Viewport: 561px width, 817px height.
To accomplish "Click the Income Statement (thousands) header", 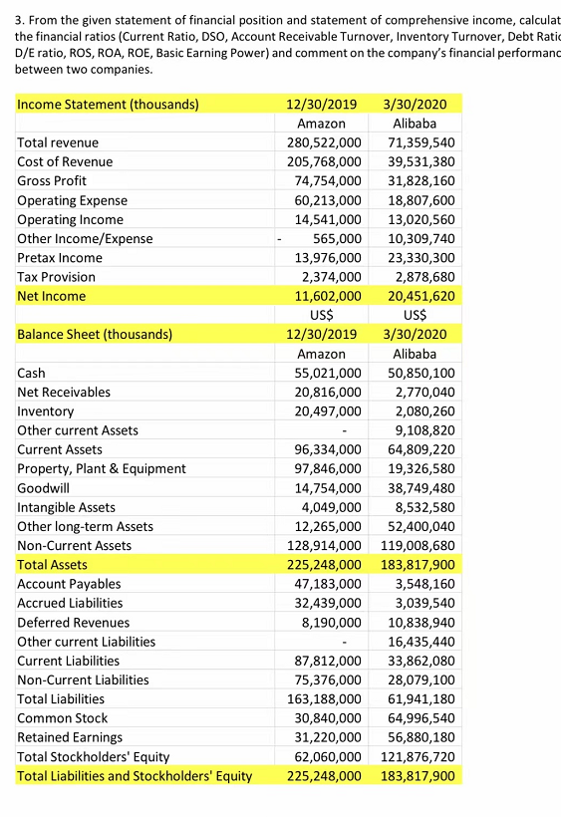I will [108, 104].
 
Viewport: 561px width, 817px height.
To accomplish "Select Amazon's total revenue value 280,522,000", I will [317, 142].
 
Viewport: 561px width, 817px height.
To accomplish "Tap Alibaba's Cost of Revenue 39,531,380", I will [418, 161].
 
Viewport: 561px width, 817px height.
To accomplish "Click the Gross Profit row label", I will [52, 180].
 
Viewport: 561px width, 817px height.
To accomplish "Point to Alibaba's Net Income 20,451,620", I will [418, 296].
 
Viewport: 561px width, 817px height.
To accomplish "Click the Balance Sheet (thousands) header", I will [95, 334].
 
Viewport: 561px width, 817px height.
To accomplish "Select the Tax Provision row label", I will [57, 277].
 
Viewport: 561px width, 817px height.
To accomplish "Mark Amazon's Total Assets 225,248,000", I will [317, 565].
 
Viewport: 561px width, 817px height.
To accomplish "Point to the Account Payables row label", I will [69, 584].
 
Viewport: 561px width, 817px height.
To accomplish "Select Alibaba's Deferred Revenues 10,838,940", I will [418, 622].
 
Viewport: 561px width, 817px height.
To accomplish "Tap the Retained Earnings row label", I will [70, 737].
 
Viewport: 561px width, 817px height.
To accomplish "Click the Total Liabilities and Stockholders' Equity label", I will [135, 775].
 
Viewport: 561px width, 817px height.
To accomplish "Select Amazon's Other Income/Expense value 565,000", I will [333, 238].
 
